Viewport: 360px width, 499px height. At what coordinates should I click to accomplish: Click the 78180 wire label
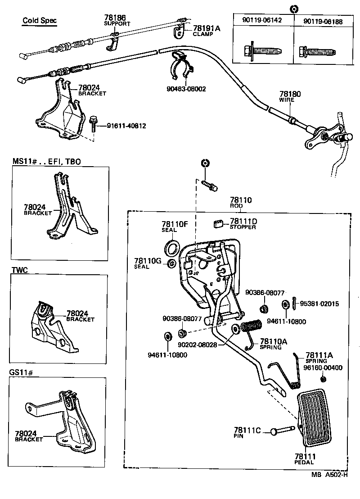tap(290, 95)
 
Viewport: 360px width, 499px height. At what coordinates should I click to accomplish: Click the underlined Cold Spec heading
tap(40, 21)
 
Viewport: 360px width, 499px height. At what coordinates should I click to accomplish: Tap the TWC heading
tap(19, 270)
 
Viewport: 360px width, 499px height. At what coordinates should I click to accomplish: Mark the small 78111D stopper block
tap(219, 223)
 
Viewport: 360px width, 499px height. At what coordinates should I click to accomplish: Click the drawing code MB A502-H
tap(330, 474)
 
